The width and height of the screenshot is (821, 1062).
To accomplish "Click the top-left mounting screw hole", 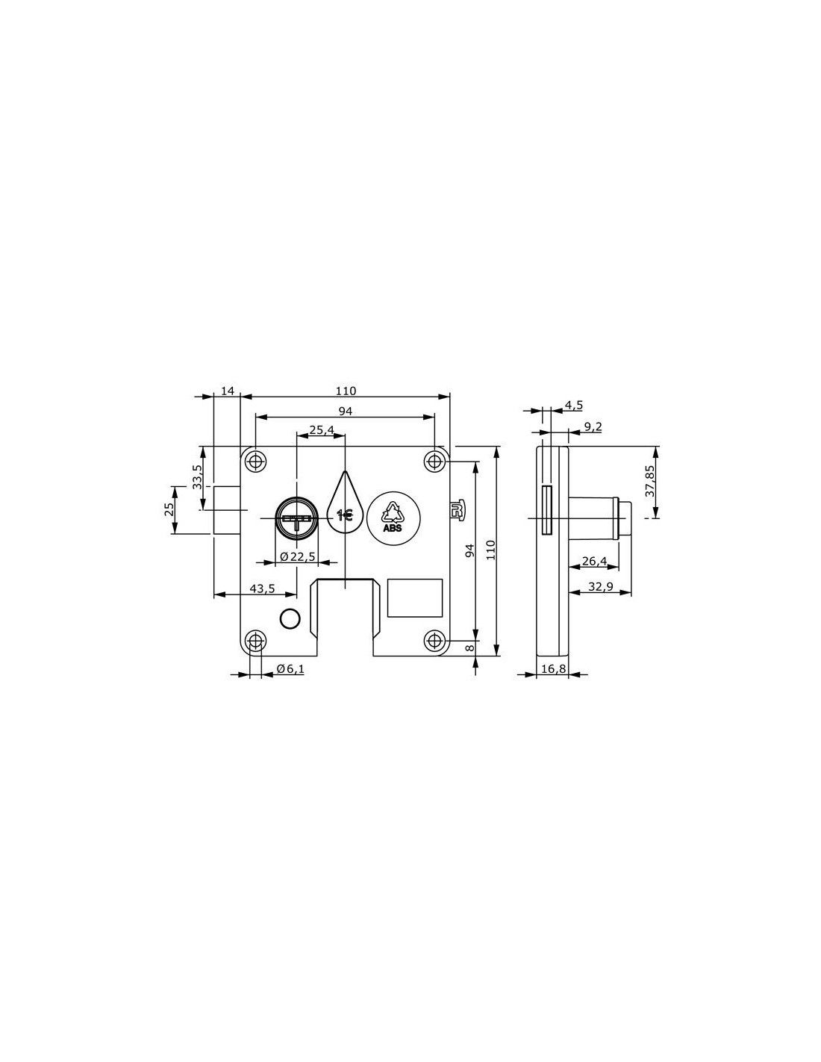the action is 255,460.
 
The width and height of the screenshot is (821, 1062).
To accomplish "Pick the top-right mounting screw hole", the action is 434,460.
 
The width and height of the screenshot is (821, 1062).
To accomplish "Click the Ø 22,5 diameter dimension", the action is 297,556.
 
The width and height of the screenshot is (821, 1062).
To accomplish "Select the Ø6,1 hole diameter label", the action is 290,668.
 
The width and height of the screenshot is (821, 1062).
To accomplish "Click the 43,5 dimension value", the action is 262,589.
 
